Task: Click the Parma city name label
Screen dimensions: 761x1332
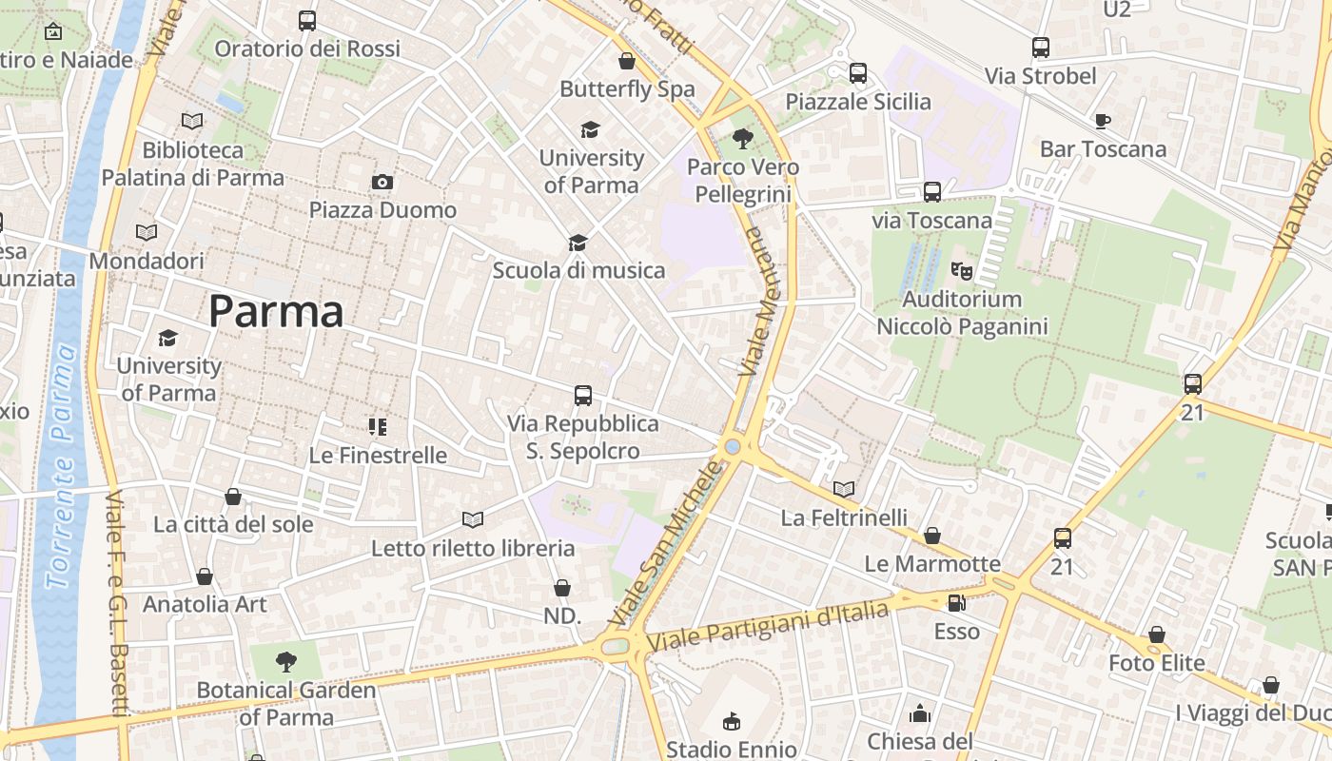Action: pos(276,312)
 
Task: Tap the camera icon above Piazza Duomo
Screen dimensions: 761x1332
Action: pos(382,182)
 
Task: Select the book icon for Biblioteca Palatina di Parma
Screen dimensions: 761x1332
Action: pos(192,121)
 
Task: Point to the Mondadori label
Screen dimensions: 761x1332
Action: pos(147,261)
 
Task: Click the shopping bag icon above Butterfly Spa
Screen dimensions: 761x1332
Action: pos(627,61)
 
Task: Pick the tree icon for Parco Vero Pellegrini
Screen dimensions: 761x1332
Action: pos(743,139)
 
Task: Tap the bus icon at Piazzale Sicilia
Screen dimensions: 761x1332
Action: pos(858,73)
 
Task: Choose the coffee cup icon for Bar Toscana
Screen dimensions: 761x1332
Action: pos(1103,121)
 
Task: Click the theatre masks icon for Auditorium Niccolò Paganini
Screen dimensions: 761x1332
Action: pos(962,271)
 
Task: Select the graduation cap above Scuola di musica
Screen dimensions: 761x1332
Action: pos(578,243)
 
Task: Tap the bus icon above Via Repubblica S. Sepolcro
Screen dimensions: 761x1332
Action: pos(583,395)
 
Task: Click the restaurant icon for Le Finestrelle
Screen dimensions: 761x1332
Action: pos(378,427)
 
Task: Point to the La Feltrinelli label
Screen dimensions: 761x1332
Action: pos(844,517)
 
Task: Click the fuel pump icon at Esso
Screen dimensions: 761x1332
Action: pos(956,603)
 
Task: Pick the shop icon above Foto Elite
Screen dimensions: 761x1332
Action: pos(1157,634)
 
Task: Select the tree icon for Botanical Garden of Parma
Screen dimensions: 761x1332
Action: pos(286,661)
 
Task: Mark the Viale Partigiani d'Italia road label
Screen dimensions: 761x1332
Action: pos(768,626)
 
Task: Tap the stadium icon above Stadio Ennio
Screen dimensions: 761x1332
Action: pos(732,721)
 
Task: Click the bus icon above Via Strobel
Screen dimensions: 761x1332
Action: pos(1041,48)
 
